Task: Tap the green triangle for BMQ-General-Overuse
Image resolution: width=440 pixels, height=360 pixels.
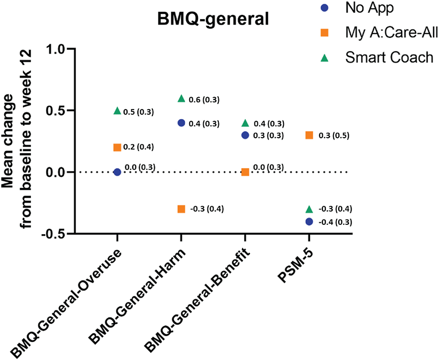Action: (x=117, y=110)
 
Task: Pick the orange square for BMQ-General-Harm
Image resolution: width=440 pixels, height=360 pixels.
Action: (x=181, y=209)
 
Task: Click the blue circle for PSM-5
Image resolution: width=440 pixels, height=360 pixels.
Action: (x=309, y=221)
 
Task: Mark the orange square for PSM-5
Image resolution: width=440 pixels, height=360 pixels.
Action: (x=309, y=135)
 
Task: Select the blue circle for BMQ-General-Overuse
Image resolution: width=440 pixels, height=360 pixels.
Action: (x=117, y=172)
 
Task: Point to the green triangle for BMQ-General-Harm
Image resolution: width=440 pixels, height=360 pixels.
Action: (x=181, y=98)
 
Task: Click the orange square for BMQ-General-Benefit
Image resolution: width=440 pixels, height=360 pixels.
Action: (x=245, y=172)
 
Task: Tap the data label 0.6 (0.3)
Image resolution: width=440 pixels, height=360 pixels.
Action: (x=205, y=100)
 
